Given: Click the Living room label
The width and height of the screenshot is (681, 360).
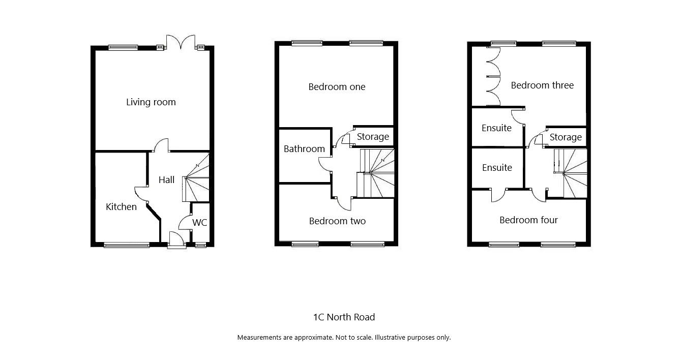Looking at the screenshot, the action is [x=151, y=102].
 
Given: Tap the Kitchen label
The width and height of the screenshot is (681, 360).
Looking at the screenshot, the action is [x=121, y=207].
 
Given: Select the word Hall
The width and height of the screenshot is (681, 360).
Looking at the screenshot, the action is [x=166, y=179].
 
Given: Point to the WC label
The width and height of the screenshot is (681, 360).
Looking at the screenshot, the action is [x=199, y=223].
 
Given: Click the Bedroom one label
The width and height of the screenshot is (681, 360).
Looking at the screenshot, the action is [x=337, y=87].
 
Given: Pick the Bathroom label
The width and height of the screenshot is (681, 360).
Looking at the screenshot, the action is [x=304, y=149].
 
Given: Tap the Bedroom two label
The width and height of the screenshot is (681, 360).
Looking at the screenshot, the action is [x=337, y=221].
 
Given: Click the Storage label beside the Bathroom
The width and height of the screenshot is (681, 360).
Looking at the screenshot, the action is [x=373, y=137].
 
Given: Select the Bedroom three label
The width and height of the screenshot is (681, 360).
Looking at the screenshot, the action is [x=542, y=85].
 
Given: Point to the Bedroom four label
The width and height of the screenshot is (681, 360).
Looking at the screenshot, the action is [x=528, y=220].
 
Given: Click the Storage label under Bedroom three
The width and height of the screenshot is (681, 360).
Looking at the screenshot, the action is [x=566, y=137].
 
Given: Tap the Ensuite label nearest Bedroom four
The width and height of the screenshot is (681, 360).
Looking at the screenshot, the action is [x=497, y=168].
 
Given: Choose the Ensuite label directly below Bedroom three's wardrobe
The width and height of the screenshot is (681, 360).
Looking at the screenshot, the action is [x=496, y=128].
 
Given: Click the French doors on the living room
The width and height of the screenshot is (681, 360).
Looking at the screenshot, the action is [x=181, y=42].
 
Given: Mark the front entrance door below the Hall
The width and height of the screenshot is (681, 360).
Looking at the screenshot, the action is [x=176, y=240].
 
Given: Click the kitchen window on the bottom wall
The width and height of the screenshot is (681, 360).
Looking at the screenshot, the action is [x=127, y=245].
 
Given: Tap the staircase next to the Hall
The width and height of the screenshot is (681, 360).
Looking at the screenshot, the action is [x=196, y=177].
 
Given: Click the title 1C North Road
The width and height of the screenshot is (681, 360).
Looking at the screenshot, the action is [x=344, y=317].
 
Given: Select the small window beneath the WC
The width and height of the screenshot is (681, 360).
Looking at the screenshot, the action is [x=200, y=245].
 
